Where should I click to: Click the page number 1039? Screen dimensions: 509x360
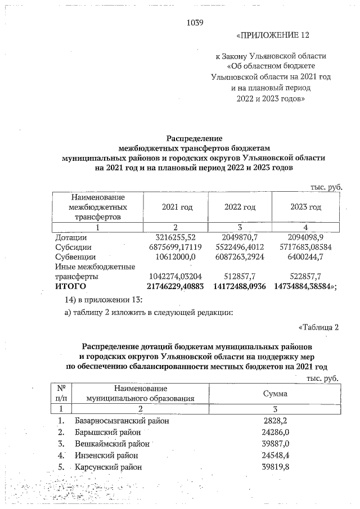click(194, 23)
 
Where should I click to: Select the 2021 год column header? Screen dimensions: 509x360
click(177, 207)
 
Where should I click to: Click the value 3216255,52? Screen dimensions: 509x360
click(178, 238)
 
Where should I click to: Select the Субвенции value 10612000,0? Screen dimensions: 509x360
click(178, 256)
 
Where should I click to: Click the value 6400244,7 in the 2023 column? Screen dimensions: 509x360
click(305, 256)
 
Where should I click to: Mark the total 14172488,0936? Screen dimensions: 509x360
click(240, 286)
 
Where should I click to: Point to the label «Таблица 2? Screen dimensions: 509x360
click(319, 327)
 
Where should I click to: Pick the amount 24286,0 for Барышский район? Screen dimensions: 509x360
click(275, 432)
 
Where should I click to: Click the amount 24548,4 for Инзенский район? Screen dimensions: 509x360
click(275, 455)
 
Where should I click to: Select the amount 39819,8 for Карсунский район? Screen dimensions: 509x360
click(275, 467)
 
